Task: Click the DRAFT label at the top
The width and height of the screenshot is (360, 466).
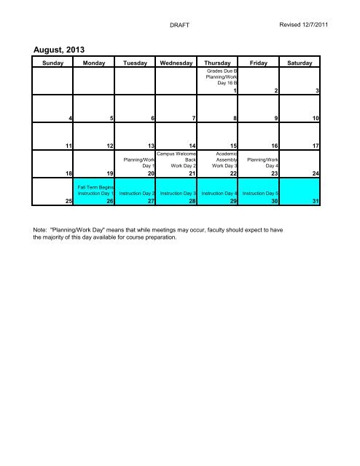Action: tap(179, 25)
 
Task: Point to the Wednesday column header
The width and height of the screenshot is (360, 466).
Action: tap(176, 64)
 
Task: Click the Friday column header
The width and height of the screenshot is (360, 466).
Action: tap(259, 64)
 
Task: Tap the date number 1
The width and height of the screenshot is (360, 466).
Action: tap(235, 90)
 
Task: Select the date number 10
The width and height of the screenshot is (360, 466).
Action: tap(315, 117)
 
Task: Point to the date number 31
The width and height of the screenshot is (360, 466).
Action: tap(315, 202)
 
